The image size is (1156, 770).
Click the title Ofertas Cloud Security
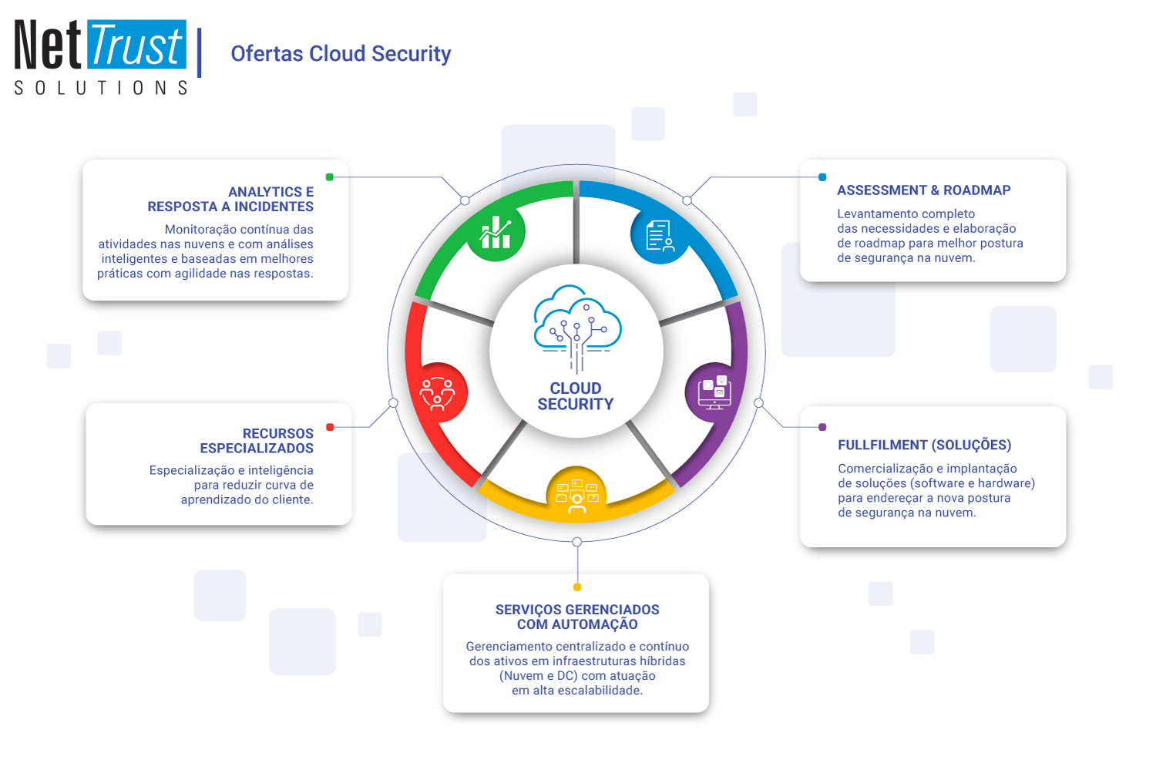341,54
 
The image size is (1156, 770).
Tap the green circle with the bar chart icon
496,232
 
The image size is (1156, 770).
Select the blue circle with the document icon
660,235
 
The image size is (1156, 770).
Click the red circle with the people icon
438,392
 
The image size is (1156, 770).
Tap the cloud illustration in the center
577,328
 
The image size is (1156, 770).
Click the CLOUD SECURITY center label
576,396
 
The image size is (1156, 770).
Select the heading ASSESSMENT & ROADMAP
923,190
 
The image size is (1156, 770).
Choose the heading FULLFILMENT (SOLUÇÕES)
924,445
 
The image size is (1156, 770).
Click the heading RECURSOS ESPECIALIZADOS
257,441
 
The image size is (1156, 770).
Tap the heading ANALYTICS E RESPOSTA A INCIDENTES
231,199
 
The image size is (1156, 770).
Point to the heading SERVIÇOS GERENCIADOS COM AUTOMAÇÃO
577,617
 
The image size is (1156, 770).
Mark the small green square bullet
330,177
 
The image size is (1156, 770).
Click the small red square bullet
330,427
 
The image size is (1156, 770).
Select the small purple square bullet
822,427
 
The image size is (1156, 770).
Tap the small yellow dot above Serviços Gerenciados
577,587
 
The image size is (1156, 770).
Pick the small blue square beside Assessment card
822,177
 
